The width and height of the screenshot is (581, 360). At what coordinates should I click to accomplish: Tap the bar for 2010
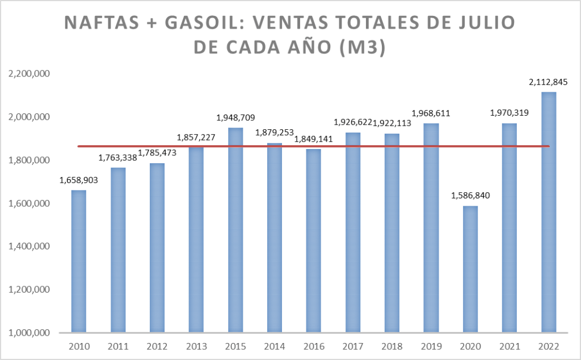[79, 261]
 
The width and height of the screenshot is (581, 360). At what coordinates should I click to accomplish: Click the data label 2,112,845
[548, 82]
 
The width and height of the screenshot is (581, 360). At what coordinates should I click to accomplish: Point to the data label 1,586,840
[470, 196]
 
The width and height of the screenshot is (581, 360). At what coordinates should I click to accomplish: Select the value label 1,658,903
[79, 180]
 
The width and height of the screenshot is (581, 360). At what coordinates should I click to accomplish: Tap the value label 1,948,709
[236, 118]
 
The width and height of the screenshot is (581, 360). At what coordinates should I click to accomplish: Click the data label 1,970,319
[510, 113]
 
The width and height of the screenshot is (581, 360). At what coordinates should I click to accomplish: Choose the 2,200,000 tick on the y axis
[28, 74]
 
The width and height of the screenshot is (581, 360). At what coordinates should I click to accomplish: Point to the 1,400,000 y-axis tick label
[28, 247]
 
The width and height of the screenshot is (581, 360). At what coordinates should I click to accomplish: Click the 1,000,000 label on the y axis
[28, 333]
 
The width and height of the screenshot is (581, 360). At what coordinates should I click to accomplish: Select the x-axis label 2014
[275, 346]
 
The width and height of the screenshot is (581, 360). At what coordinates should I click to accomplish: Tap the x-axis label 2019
[431, 346]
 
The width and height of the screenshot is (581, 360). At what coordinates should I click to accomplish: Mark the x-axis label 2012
[157, 346]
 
